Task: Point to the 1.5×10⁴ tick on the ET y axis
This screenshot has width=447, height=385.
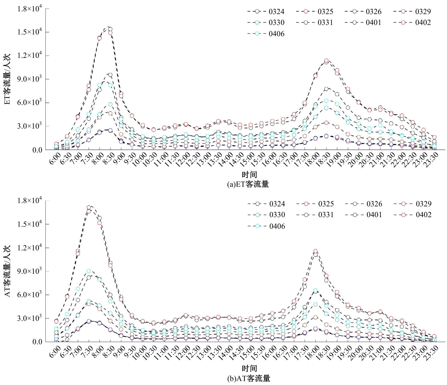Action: [29, 32]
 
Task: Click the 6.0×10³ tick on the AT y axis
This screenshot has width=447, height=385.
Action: [29, 294]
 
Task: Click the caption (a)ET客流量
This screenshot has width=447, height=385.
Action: [248, 184]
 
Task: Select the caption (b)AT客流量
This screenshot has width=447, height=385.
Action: [249, 378]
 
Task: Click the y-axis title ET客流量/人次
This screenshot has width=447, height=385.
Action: [7, 79]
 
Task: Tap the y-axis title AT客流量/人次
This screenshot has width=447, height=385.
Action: [7, 271]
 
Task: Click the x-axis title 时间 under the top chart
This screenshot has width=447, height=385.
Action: [249, 174]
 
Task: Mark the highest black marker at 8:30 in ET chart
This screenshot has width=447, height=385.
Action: [110, 29]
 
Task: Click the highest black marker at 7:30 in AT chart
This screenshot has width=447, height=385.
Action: [89, 208]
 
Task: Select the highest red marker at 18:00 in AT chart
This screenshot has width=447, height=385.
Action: [315, 251]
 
